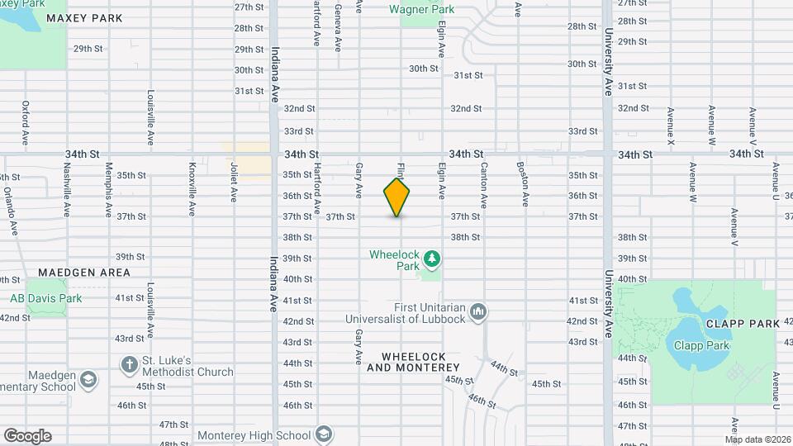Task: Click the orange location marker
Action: pyautogui.click(x=396, y=197)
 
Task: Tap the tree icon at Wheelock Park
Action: pyautogui.click(x=431, y=261)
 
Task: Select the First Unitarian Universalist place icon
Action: pyautogui.click(x=477, y=311)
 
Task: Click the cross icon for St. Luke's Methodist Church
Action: pyautogui.click(x=129, y=364)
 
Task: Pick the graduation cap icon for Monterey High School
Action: pyautogui.click(x=325, y=435)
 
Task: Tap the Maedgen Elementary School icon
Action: pyautogui.click(x=88, y=380)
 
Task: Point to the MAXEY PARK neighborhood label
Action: pyautogui.click(x=84, y=18)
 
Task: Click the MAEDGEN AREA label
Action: pyautogui.click(x=84, y=273)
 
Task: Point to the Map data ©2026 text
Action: pyautogui.click(x=757, y=439)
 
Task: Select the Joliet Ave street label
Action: pyautogui.click(x=234, y=183)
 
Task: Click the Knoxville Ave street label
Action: pyautogui.click(x=192, y=187)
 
